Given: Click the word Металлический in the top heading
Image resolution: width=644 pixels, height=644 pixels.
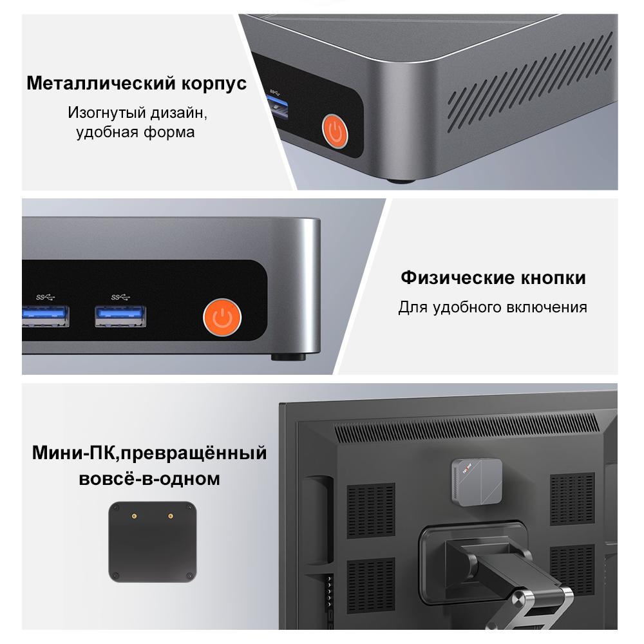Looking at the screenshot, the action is tap(102, 83).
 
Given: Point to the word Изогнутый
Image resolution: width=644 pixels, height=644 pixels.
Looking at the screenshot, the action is tap(107, 113).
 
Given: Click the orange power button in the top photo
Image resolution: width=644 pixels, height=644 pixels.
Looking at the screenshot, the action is tap(335, 131).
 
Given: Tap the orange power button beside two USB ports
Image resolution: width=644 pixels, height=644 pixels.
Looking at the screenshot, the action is tap(222, 317).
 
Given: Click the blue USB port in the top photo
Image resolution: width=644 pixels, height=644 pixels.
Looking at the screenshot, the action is tap(278, 105).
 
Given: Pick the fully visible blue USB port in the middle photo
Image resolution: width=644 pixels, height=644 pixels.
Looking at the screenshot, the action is tap(120, 316).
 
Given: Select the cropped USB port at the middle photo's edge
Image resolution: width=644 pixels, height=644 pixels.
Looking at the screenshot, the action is tap(46, 316).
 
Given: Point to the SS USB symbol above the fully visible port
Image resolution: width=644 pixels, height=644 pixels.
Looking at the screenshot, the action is tap(120, 296).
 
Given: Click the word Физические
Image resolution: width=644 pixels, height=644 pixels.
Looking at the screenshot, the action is tap(457, 278).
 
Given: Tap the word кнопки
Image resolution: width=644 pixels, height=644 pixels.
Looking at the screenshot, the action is tap(553, 278).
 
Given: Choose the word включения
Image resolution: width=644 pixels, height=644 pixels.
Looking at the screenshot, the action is tap(547, 307).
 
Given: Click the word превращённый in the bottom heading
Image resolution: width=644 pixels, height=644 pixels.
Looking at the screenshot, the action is tap(193, 453).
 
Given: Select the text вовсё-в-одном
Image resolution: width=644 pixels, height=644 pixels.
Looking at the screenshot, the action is tap(149, 479).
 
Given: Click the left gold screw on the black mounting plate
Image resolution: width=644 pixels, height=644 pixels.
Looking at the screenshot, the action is tap(135, 516).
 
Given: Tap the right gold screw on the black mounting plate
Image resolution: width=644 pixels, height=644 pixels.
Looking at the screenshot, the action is tap(171, 516).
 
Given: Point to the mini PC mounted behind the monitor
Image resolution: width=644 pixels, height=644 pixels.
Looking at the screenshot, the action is tap(477, 482).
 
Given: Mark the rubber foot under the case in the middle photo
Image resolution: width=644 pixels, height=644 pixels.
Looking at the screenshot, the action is tap(289, 357).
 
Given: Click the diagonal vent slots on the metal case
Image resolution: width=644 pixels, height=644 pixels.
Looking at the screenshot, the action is tap(530, 82).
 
